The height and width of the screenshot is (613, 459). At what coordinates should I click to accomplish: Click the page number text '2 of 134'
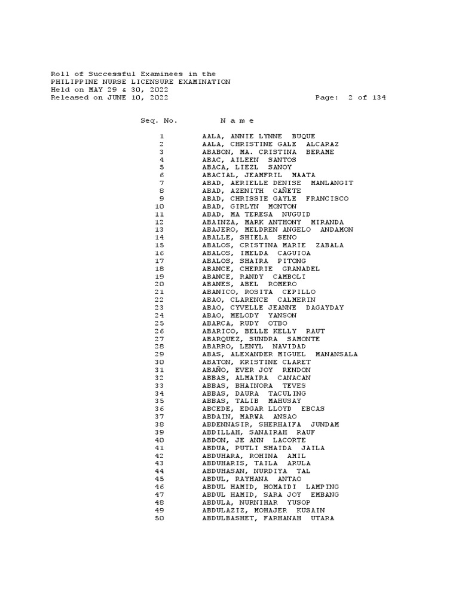point(366,98)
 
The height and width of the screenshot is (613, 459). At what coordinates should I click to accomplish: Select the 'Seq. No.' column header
point(159,121)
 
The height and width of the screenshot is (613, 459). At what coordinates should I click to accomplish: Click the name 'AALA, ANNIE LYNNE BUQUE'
point(258,136)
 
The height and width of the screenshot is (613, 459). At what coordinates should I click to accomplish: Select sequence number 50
point(159,518)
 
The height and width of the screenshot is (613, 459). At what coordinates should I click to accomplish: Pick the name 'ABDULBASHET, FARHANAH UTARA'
point(268,518)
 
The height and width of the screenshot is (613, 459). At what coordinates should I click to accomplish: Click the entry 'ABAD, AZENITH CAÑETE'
point(251,191)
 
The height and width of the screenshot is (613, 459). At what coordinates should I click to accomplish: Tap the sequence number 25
point(159,323)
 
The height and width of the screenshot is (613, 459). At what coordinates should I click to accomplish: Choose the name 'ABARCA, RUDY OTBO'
point(245,323)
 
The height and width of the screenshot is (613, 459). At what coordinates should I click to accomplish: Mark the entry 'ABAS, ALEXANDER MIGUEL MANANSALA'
point(280,354)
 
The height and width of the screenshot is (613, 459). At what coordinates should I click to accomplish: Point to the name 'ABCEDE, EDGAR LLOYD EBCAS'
point(263,409)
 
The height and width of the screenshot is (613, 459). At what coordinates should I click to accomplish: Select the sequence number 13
point(159,230)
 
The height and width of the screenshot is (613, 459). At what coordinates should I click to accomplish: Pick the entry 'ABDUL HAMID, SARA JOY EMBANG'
point(270,495)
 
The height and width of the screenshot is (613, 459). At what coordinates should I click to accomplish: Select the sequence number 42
point(159,456)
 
